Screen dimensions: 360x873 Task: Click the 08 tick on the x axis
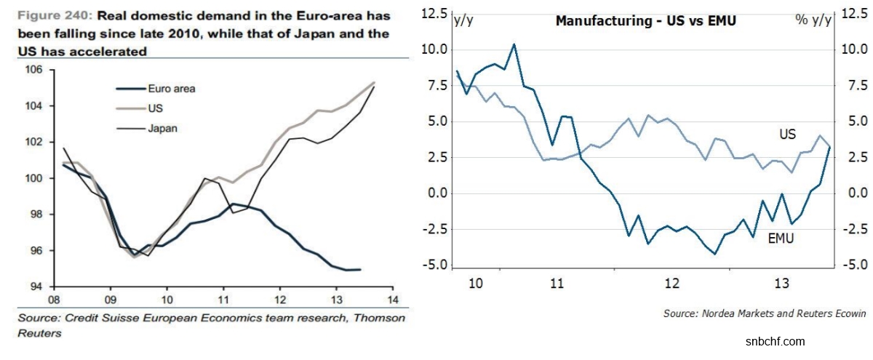(53, 299)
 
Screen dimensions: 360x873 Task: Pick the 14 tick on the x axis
(393, 299)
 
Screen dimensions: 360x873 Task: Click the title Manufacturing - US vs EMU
(646, 20)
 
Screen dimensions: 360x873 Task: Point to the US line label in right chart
(787, 134)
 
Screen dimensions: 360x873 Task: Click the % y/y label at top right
(813, 20)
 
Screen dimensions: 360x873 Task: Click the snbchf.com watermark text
(776, 341)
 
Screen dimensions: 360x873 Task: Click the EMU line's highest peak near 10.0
(514, 44)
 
